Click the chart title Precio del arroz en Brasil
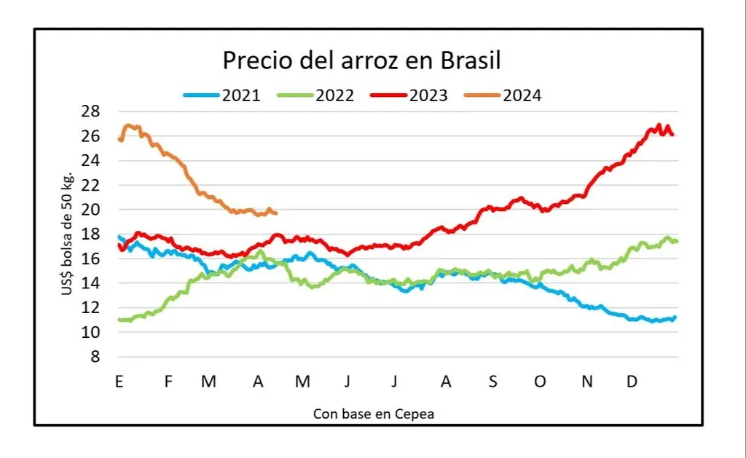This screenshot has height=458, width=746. [x=361, y=60]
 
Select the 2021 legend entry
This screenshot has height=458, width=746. [x=221, y=95]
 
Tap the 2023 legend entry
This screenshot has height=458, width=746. [x=409, y=95]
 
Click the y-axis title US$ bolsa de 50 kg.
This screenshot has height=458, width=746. [x=67, y=234]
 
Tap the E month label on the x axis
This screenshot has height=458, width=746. [x=118, y=382]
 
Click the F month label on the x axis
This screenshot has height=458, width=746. [x=168, y=382]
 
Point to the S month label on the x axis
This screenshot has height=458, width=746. [x=493, y=382]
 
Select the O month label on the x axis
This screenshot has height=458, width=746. [x=540, y=382]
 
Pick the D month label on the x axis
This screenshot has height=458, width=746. [x=632, y=382]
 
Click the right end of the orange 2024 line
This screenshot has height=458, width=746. [x=277, y=213]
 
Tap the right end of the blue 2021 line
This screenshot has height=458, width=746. [x=675, y=317]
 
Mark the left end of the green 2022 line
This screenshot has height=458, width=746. [x=119, y=320]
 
